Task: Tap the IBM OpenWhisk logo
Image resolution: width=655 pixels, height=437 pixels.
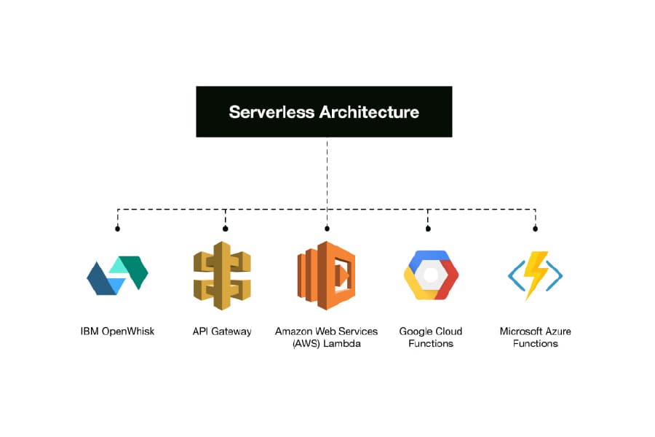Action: (x=117, y=275)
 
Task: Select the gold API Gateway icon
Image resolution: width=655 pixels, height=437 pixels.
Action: (x=222, y=275)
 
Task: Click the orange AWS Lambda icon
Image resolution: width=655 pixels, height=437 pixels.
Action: (x=326, y=275)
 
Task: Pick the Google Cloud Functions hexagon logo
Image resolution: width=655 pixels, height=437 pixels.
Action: (x=431, y=275)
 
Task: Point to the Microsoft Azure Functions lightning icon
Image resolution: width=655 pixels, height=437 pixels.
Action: (x=535, y=275)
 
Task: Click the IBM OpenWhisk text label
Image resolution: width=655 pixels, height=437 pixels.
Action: (x=117, y=331)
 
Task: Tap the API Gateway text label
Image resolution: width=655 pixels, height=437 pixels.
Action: (x=222, y=331)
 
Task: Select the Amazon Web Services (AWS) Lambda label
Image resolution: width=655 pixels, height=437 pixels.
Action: (x=326, y=337)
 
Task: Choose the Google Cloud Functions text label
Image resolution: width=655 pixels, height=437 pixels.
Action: (x=431, y=337)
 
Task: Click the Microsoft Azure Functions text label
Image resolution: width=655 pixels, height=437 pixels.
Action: (x=535, y=337)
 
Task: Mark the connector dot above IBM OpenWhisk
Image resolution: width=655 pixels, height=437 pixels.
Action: (x=117, y=229)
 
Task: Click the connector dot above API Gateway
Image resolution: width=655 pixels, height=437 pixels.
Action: (x=225, y=229)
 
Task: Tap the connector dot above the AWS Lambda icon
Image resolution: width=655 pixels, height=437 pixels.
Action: (x=327, y=229)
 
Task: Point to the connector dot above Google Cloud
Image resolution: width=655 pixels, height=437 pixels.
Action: (x=428, y=229)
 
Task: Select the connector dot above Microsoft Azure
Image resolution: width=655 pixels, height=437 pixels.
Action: (x=535, y=229)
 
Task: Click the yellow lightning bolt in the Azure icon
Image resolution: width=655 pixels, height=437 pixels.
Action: (x=537, y=275)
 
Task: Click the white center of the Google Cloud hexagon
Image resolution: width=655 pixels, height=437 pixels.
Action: (x=431, y=275)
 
